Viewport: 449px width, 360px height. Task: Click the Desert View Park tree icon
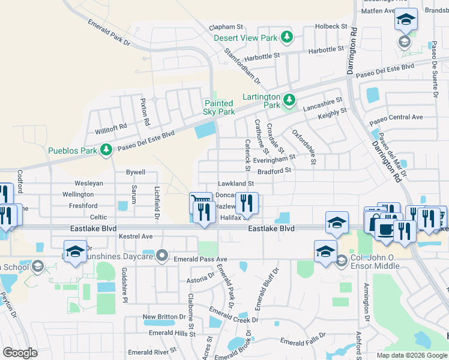(x=288, y=37)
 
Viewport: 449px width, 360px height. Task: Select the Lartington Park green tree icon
(x=289, y=99)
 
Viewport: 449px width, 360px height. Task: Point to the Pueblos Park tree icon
(x=106, y=148)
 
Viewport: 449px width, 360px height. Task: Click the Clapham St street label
(x=226, y=27)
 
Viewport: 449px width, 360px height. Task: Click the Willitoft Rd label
(x=111, y=127)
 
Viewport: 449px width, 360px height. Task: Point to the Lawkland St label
(x=236, y=183)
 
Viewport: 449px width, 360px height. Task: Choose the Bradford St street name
(x=275, y=170)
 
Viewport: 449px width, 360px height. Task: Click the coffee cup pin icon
(x=385, y=229)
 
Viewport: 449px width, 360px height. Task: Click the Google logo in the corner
(x=20, y=352)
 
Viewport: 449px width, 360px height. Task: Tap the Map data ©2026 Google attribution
(x=412, y=355)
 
